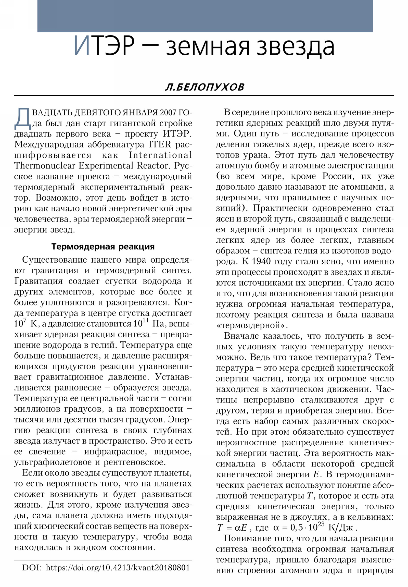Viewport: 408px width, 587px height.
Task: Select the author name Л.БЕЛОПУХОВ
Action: [x=205, y=87]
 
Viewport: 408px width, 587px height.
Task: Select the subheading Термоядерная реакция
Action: [x=103, y=247]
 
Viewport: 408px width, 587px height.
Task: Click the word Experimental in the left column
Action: [x=106, y=166]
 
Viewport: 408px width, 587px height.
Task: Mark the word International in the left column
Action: [x=160, y=155]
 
